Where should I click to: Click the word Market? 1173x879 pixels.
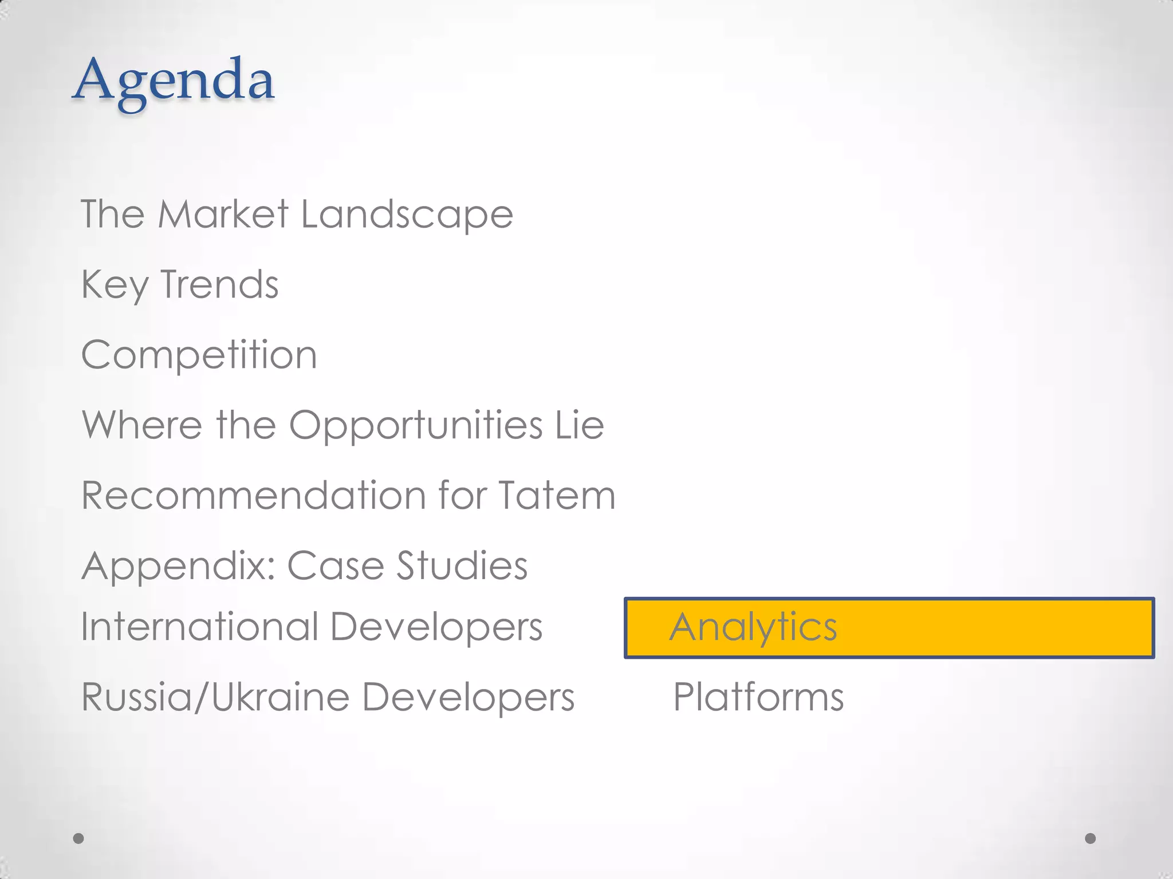pyautogui.click(x=223, y=215)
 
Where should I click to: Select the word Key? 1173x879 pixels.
pyautogui.click(x=115, y=285)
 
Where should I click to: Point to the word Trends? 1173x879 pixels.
pyautogui.click(x=219, y=284)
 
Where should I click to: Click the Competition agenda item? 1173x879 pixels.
pyautogui.click(x=199, y=355)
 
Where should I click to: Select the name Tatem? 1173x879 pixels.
pyautogui.click(x=557, y=496)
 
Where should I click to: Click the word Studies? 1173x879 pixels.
pyautogui.click(x=462, y=566)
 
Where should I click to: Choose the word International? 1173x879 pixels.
pyautogui.click(x=199, y=627)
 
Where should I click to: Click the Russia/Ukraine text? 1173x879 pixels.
pyautogui.click(x=215, y=698)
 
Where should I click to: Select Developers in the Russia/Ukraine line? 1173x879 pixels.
pyautogui.click(x=468, y=698)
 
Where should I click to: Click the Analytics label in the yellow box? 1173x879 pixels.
pyautogui.click(x=753, y=628)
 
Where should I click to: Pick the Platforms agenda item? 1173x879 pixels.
pyautogui.click(x=758, y=698)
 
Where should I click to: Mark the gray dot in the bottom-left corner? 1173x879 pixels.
pyautogui.click(x=78, y=838)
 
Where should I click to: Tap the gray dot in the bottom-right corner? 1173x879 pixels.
pyautogui.click(x=1090, y=838)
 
